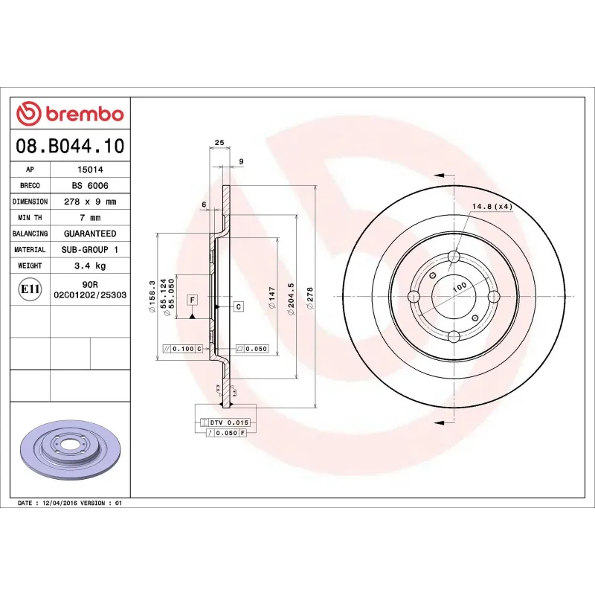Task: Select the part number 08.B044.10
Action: click(x=70, y=147)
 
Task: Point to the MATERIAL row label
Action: click(x=30, y=250)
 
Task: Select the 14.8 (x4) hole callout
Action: click(x=492, y=206)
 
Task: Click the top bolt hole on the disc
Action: click(x=453, y=258)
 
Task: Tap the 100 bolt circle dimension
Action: click(x=459, y=286)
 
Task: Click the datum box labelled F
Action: click(x=192, y=299)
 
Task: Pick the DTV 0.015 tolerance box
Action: click(x=228, y=422)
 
